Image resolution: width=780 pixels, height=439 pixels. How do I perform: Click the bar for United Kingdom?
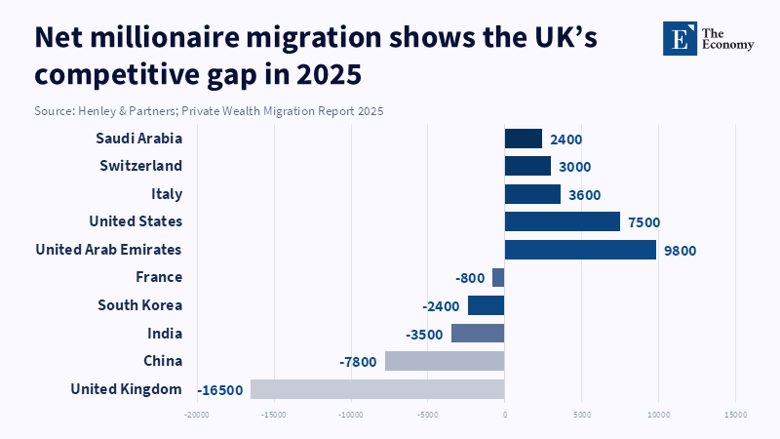click(x=377, y=389)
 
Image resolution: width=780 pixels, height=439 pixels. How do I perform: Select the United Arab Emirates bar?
click(x=580, y=250)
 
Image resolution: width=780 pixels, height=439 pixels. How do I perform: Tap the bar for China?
click(x=445, y=361)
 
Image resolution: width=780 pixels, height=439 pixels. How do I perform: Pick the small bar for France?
click(x=498, y=278)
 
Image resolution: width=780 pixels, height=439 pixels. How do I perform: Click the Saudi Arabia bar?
click(x=523, y=139)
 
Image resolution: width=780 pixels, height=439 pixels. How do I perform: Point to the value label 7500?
click(x=643, y=222)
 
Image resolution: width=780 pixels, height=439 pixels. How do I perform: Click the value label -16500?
click(x=220, y=390)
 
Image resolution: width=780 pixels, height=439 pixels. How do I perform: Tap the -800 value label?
click(x=469, y=278)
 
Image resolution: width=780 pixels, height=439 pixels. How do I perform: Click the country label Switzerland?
click(x=140, y=166)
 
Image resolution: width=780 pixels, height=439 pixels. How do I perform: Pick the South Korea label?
click(x=139, y=305)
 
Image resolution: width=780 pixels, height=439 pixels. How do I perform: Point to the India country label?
click(x=164, y=334)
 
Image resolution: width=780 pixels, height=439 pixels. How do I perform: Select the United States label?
click(x=136, y=221)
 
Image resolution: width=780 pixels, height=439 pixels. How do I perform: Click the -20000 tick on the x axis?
click(x=197, y=416)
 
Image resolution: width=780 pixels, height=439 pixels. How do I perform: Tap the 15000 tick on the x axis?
click(x=734, y=416)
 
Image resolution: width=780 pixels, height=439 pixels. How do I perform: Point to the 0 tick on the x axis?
click(x=504, y=416)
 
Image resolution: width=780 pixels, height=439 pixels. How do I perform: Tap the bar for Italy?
click(x=532, y=194)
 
